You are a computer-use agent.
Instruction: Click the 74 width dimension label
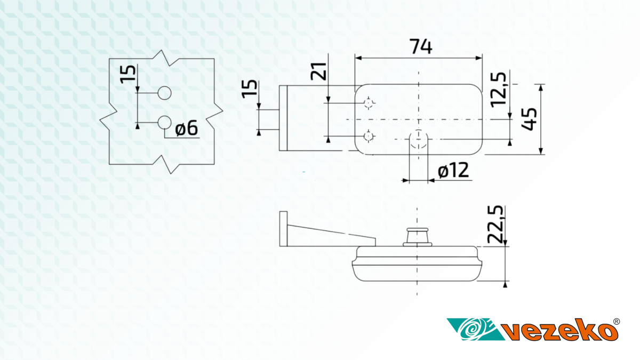(421, 46)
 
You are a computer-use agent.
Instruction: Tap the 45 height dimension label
(529, 119)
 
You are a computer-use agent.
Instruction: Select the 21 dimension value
(318, 71)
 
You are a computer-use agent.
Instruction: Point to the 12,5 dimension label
(498, 90)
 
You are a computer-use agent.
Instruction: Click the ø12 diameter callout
(453, 170)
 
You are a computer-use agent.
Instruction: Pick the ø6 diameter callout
(186, 128)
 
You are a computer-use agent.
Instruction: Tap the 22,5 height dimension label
(495, 225)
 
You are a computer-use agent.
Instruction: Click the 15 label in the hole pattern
(127, 75)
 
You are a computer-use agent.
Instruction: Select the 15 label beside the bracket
(250, 89)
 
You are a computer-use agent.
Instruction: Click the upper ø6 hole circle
(165, 93)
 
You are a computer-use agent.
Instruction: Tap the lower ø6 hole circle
(165, 123)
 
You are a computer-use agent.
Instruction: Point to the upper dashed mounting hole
(369, 102)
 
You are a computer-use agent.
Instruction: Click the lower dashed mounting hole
(369, 137)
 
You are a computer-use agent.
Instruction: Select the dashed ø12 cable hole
(419, 139)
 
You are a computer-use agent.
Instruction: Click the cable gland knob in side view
(418, 237)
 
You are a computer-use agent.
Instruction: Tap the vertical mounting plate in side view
(283, 229)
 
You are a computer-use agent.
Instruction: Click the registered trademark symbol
(617, 322)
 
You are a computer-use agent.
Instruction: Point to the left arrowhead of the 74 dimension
(358, 58)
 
